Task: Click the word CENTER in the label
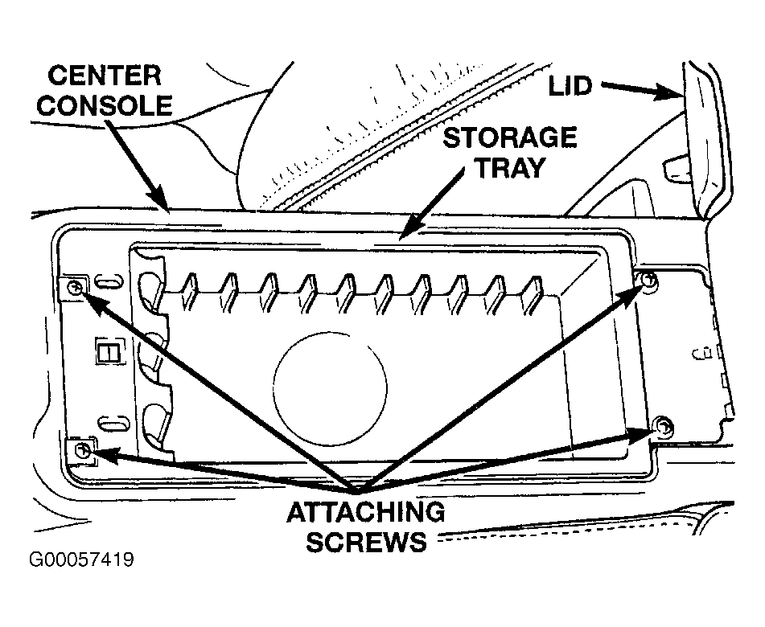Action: point(105,76)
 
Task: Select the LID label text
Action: point(570,87)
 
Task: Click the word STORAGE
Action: point(510,137)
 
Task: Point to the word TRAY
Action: point(510,168)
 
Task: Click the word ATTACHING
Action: point(366,512)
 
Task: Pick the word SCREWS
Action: point(366,542)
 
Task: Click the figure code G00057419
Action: point(81,559)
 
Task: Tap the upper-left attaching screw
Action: point(75,287)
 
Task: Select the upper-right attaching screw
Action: point(648,280)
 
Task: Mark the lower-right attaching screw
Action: point(663,426)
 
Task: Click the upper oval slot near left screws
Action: point(110,282)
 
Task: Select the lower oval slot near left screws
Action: point(113,422)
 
